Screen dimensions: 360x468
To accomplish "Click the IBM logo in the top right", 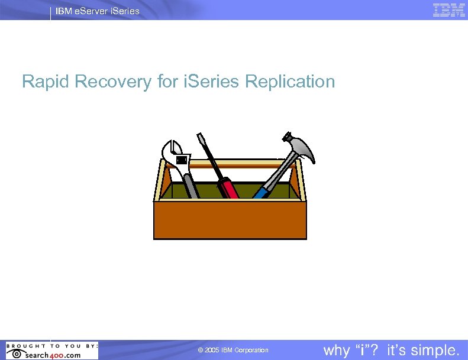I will click(x=448, y=10).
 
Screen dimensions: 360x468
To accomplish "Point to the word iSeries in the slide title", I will click(x=211, y=82).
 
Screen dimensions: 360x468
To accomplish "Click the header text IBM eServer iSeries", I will click(x=98, y=11).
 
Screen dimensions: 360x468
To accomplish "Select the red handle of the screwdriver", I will click(x=228, y=188).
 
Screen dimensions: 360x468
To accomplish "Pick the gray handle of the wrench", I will click(x=191, y=186).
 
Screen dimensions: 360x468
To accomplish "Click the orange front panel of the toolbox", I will click(x=230, y=220).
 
